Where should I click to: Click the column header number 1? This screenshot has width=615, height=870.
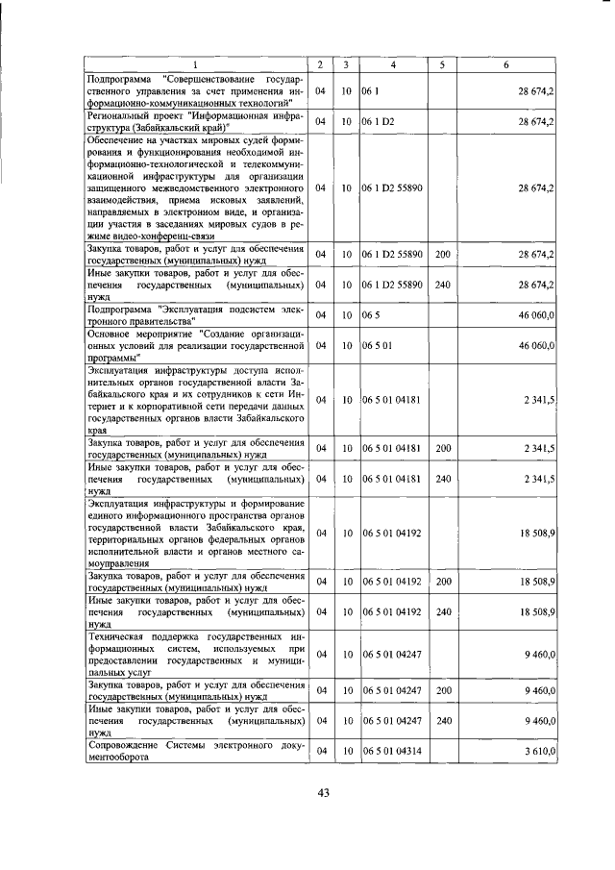click(194, 64)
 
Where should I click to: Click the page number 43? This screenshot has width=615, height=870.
click(323, 792)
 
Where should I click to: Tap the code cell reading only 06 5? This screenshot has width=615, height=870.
click(369, 315)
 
